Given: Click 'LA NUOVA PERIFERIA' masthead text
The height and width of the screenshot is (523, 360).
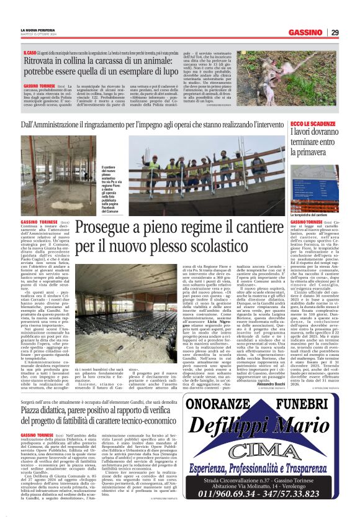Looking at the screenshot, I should (35, 29).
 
